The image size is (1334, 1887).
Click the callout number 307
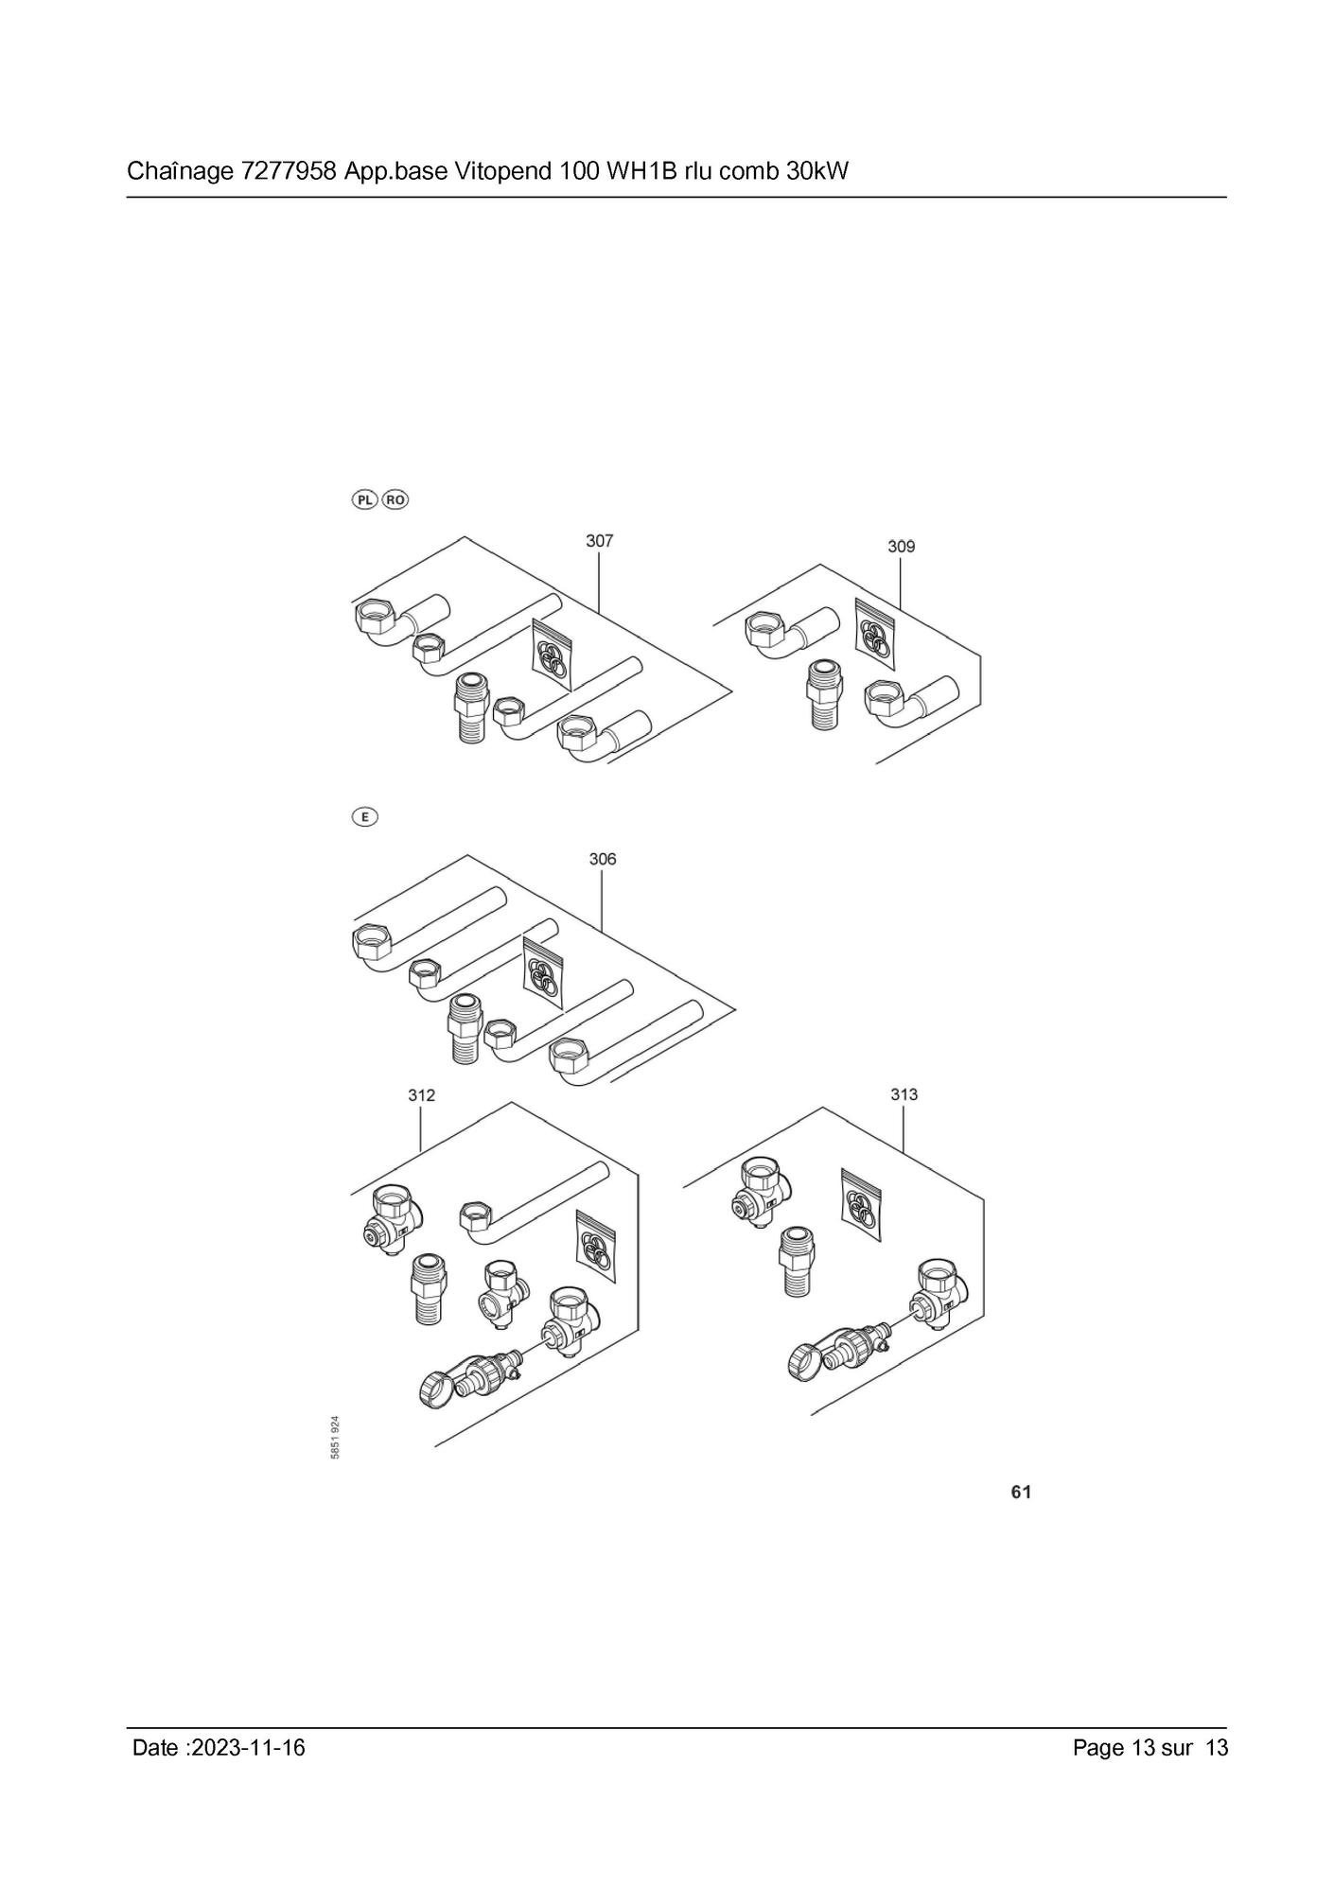click(x=599, y=540)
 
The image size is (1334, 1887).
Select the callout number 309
click(x=901, y=546)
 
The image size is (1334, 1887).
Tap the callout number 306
click(x=603, y=859)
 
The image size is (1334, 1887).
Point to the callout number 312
click(x=422, y=1095)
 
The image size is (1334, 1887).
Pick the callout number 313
click(x=904, y=1094)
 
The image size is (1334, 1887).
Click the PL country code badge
click(x=365, y=499)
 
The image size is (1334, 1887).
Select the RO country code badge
click(x=395, y=499)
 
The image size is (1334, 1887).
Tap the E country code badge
click(x=364, y=817)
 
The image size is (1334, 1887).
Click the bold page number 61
click(x=1021, y=1492)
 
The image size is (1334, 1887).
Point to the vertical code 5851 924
click(x=336, y=1437)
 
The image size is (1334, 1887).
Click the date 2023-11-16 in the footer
click(x=248, y=1747)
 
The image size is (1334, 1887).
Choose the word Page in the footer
click(x=1098, y=1748)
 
